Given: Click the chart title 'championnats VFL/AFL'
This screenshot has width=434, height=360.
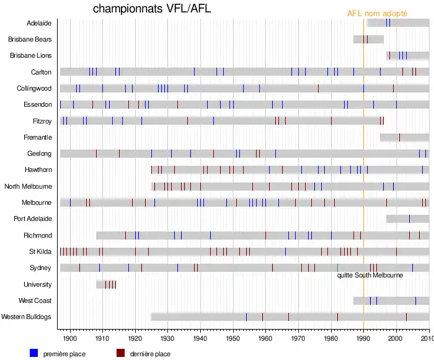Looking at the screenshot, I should click(152, 9).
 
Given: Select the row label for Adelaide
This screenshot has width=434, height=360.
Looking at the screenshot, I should click(39, 23).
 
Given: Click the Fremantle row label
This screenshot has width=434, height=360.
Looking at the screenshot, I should click(38, 137).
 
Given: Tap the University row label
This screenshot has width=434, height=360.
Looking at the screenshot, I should click(37, 284).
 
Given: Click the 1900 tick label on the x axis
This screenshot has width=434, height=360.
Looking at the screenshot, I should click(70, 339).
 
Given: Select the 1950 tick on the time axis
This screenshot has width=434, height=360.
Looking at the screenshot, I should click(232, 339).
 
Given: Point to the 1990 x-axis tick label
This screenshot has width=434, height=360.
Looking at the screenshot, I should click(363, 339).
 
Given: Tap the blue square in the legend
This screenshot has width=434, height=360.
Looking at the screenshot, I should click(34, 353).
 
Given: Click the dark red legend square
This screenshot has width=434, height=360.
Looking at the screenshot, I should click(121, 353).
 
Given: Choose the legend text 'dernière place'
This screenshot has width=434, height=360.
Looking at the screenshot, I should click(151, 354).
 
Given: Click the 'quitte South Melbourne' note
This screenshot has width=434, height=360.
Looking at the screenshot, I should click(370, 275).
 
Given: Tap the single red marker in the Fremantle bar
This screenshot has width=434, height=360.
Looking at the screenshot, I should click(399, 137).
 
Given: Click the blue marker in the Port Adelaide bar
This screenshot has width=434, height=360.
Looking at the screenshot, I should click(409, 218).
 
